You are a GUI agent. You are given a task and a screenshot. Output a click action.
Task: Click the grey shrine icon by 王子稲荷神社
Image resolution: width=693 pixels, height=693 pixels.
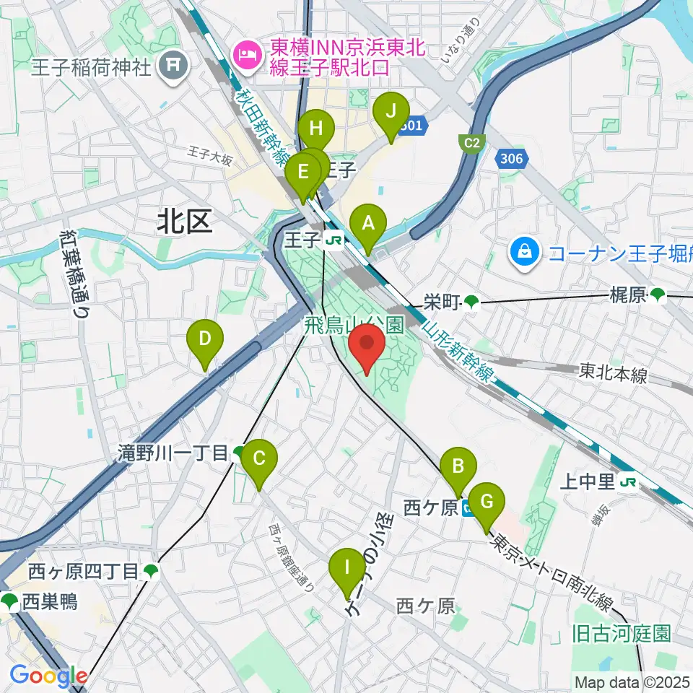tap(175, 67)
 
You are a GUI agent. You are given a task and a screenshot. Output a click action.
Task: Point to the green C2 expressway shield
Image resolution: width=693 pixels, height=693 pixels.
tap(472, 143)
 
